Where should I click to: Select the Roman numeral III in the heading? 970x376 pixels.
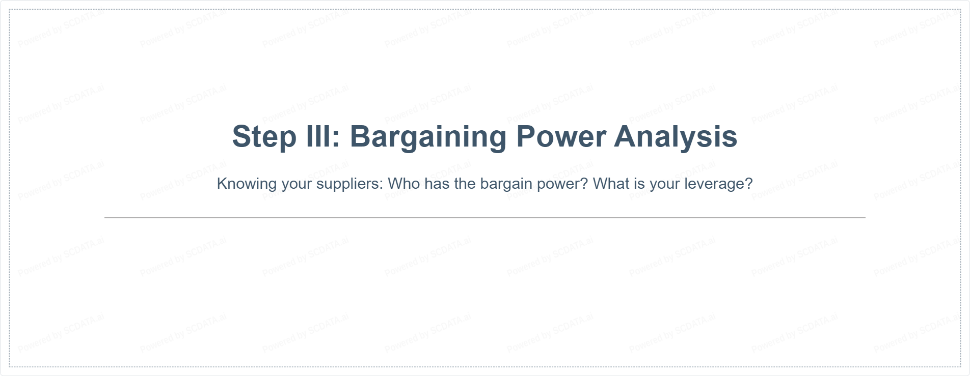point(319,136)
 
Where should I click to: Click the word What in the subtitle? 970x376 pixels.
point(611,183)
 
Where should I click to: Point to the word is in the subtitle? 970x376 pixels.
point(639,183)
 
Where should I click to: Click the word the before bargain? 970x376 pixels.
point(465,183)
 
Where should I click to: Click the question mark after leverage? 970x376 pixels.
point(748,183)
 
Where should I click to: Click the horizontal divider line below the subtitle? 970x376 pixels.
point(485,218)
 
